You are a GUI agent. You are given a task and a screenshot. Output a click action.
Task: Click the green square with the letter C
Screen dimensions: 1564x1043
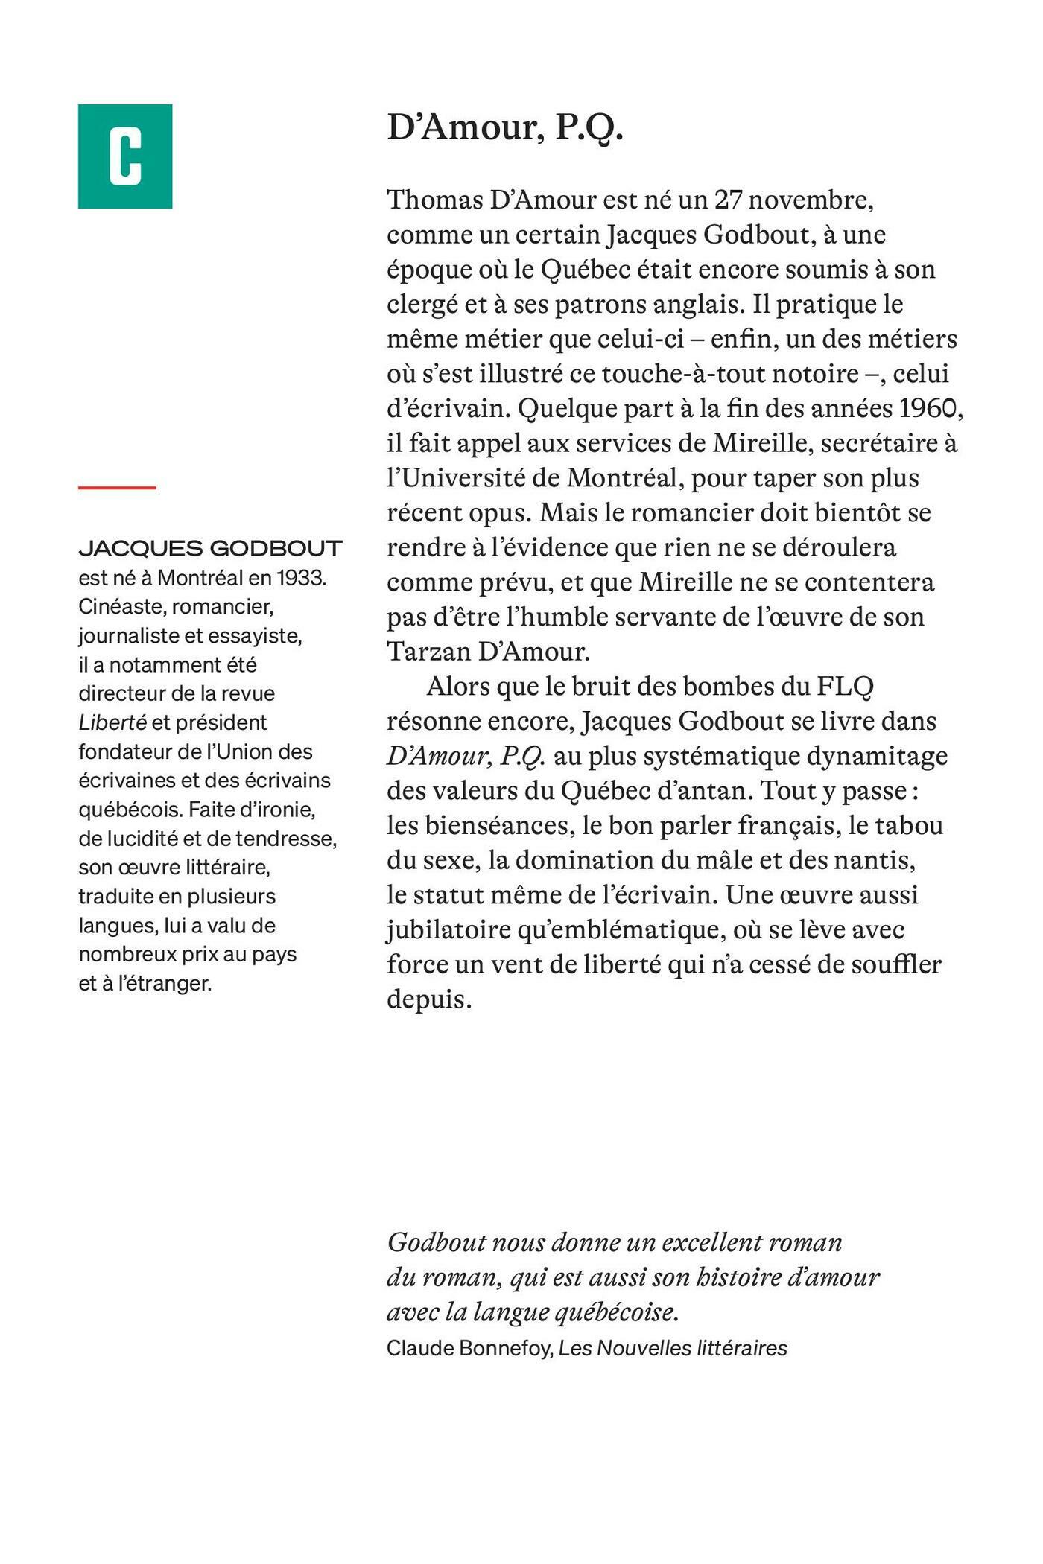click(125, 156)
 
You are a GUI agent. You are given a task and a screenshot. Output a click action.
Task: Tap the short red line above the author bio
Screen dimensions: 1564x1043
click(117, 488)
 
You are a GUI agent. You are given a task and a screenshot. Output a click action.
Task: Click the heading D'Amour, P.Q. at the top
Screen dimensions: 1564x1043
click(504, 128)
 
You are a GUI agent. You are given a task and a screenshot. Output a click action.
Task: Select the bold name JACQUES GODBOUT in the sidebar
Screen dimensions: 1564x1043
click(210, 549)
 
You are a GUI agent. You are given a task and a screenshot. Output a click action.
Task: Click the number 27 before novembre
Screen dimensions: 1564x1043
click(729, 200)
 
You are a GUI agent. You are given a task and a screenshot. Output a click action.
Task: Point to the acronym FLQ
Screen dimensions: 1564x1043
click(845, 686)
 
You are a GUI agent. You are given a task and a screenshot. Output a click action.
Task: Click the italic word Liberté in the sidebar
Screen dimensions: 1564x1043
click(112, 722)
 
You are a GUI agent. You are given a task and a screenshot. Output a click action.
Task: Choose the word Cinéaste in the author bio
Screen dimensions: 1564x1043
click(121, 607)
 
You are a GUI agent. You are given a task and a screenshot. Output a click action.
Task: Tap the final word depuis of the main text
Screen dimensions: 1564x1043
click(428, 999)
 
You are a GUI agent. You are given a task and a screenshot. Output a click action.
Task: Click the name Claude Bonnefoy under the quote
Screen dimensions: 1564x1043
click(469, 1348)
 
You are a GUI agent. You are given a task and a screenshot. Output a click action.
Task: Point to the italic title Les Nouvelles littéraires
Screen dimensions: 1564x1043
click(673, 1348)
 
